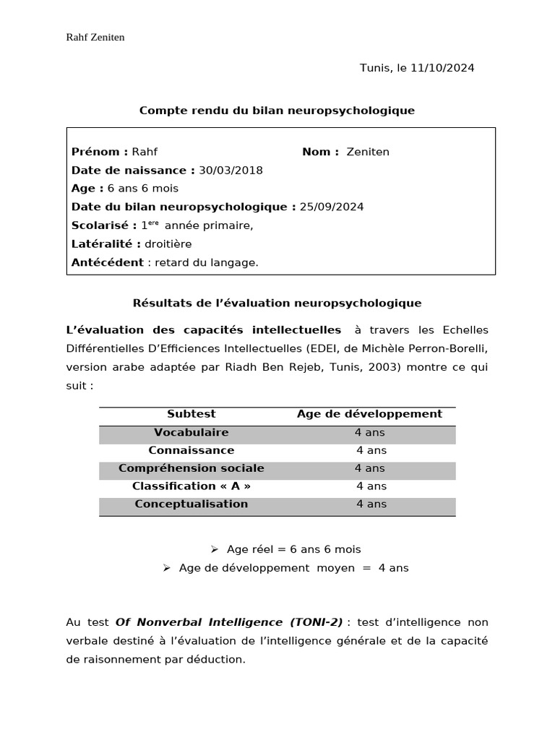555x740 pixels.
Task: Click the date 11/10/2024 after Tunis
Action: point(442,68)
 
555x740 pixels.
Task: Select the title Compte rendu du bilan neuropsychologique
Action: point(277,111)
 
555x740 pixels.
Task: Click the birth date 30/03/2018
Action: point(231,171)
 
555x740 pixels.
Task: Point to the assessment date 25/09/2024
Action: point(332,207)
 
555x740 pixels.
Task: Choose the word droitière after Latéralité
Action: point(168,244)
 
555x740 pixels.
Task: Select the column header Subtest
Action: point(192,414)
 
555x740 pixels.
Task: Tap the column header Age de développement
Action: point(369,414)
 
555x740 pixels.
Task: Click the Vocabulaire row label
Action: point(192,432)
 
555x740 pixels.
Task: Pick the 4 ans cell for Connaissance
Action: point(371,450)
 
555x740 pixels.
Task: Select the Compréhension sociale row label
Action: point(192,468)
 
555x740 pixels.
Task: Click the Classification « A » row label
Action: point(192,486)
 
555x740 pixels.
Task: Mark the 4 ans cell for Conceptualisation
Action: point(371,504)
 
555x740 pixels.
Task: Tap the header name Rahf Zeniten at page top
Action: point(95,37)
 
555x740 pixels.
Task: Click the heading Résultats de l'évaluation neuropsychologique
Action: point(277,304)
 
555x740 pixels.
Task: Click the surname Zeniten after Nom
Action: point(368,152)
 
